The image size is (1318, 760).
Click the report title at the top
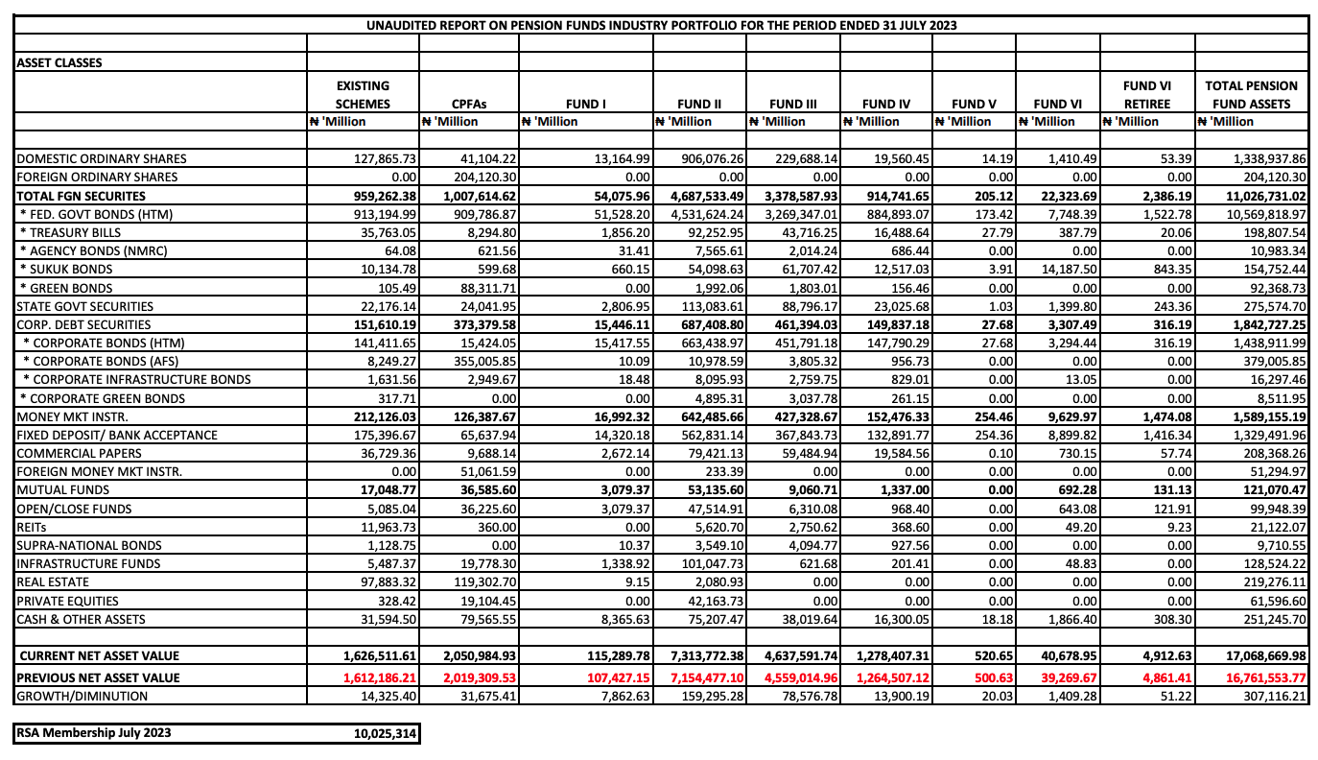coord(662,25)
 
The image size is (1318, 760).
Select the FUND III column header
coord(791,104)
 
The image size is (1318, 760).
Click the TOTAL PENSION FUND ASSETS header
coord(1252,95)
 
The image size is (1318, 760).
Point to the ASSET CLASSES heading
coord(59,63)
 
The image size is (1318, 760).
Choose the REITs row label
coord(34,527)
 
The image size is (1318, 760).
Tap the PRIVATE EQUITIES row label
coord(65,600)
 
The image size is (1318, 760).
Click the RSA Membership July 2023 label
coord(94,734)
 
